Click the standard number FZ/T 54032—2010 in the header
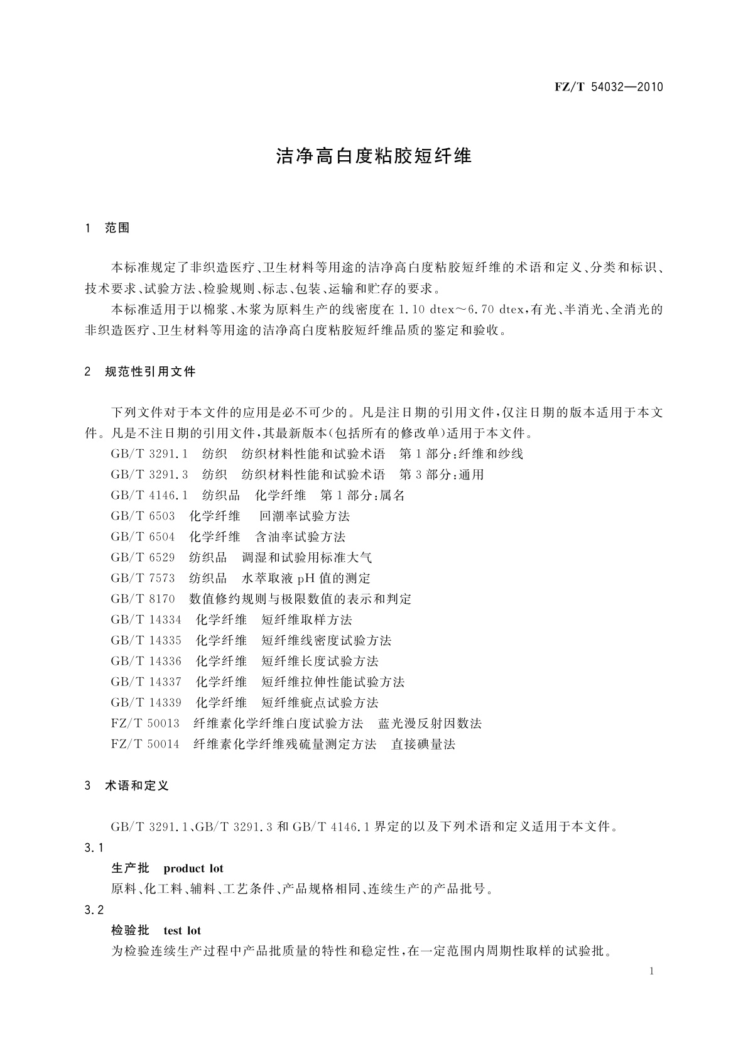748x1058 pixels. point(609,87)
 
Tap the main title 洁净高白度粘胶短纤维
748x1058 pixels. point(374,156)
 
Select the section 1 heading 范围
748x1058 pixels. point(117,228)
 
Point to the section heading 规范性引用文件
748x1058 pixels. point(150,372)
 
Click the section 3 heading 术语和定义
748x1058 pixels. point(137,785)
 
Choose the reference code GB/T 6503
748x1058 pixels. point(143,516)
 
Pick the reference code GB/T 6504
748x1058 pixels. point(143,537)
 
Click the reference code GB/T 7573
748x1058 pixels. point(143,579)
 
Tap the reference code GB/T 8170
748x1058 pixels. point(143,599)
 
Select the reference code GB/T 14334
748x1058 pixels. point(146,620)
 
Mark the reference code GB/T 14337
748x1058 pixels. point(146,682)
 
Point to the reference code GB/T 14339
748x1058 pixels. point(146,703)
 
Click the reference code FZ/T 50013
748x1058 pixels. point(145,724)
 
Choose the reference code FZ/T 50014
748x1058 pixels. point(145,744)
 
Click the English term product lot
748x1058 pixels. point(193,869)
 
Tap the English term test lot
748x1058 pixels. point(182,930)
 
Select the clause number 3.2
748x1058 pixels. point(94,910)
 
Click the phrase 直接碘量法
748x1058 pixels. point(423,744)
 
